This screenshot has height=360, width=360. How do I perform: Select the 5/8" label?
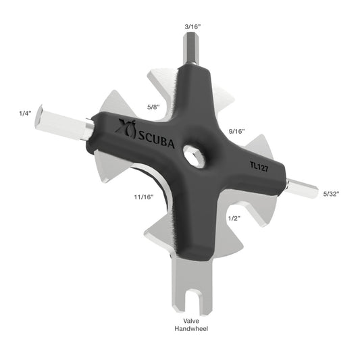(154, 106)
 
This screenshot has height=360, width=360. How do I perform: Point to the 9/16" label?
(236, 130)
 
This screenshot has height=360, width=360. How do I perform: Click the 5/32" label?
(331, 193)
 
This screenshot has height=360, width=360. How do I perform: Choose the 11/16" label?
(143, 197)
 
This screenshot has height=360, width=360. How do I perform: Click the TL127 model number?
(259, 165)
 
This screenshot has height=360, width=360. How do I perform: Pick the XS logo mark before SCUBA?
(125, 125)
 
